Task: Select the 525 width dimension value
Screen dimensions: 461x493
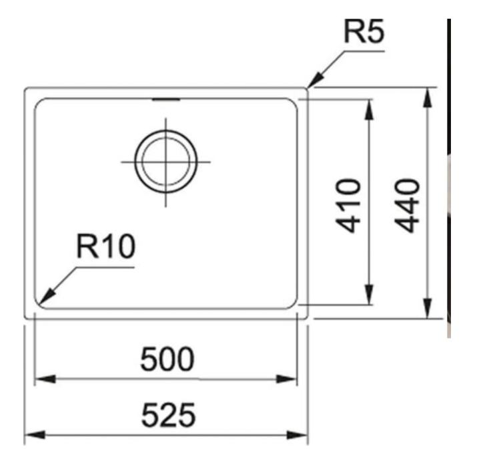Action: [167, 416]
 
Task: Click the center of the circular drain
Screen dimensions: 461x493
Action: [166, 162]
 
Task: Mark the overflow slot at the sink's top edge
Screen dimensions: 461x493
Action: [166, 100]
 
